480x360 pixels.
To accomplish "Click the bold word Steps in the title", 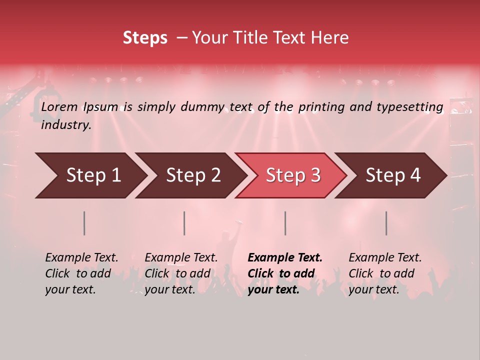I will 145,38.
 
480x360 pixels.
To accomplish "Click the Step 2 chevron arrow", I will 190,175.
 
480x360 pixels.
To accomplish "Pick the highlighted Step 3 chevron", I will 291,175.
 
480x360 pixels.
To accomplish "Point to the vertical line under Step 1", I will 84,223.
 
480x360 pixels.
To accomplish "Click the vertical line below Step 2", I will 184,223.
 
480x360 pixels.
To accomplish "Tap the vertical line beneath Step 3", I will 285,223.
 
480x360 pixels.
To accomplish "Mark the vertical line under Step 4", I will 386,223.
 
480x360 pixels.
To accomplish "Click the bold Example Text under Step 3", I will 285,258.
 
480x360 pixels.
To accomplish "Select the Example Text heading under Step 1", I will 81,258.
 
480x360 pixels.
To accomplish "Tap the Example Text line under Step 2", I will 181,258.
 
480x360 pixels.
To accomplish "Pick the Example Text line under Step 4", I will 385,258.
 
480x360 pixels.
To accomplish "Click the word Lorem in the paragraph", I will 59,107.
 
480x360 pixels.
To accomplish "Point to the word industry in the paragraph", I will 66,125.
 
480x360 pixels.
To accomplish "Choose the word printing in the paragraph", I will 322,107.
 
